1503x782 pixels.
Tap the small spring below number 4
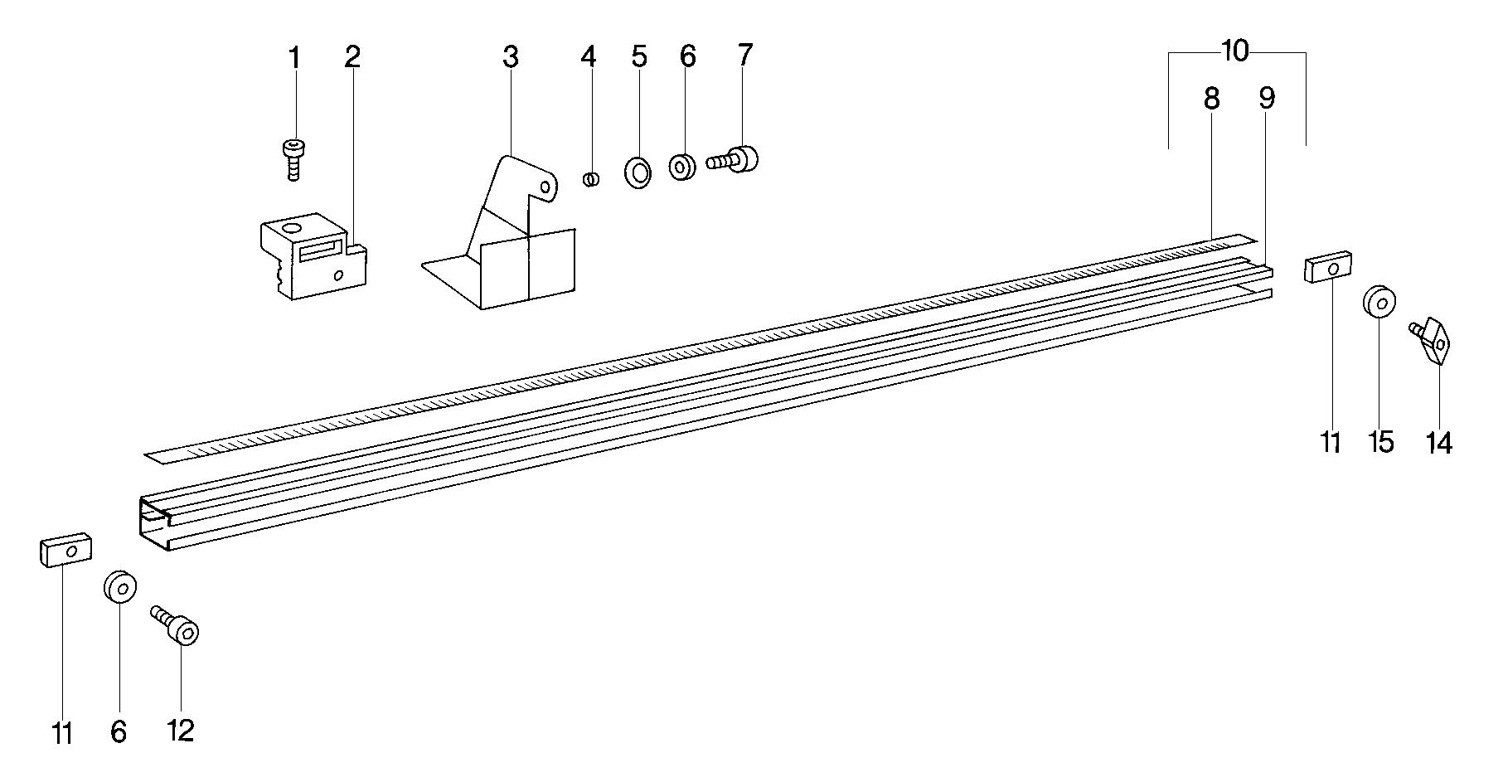(x=592, y=179)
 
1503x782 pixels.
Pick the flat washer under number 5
(x=637, y=171)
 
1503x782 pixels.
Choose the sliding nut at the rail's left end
(x=65, y=549)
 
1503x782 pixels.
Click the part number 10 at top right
(x=1234, y=51)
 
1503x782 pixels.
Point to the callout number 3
(x=510, y=57)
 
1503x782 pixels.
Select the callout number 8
(x=1211, y=99)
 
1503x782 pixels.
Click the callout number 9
(x=1266, y=99)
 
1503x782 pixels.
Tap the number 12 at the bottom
(x=180, y=730)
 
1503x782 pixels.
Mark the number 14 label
(x=1439, y=444)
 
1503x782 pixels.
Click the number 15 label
(x=1380, y=442)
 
